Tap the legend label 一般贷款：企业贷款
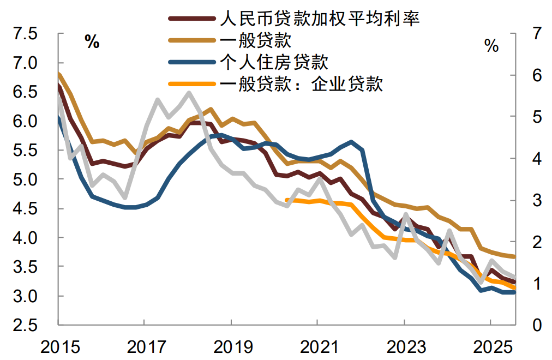coord(302,83)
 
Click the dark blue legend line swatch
coord(192,62)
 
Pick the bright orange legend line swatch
coord(192,84)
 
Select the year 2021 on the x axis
coord(317,347)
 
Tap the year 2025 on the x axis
coord(490,347)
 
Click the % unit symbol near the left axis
coord(92,42)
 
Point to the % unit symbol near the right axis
coord(491,46)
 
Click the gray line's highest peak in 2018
coord(189,93)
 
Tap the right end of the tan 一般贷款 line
coord(514,256)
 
